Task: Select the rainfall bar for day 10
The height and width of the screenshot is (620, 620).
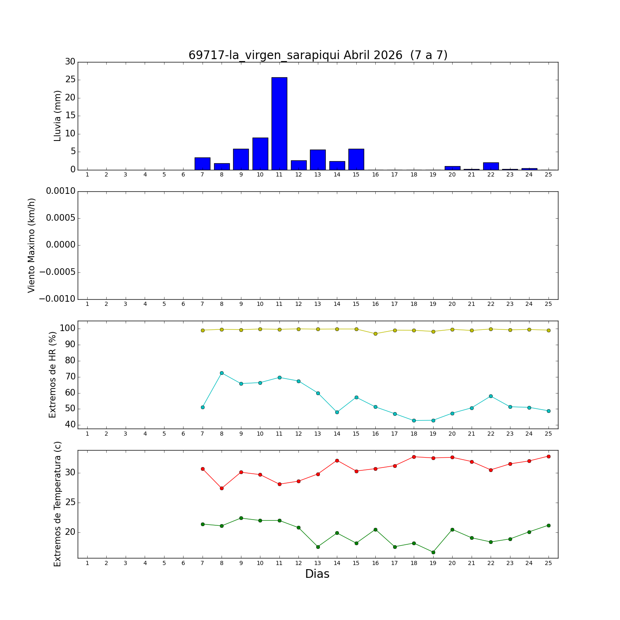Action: (260, 154)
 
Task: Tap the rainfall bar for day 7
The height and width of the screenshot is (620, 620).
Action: (203, 164)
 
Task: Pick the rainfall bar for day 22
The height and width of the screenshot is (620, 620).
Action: (491, 166)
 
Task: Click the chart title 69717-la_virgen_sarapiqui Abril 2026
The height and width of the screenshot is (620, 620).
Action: (318, 55)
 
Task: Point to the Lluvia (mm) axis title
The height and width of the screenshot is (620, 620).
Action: (57, 116)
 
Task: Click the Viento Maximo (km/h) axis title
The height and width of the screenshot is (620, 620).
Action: (32, 246)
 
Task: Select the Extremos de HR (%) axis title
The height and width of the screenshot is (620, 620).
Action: (52, 374)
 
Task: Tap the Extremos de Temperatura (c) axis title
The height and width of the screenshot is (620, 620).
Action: (57, 504)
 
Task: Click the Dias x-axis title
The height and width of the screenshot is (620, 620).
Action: (317, 574)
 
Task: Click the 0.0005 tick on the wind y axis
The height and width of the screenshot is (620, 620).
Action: (61, 218)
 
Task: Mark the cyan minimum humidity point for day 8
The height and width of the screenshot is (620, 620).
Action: (222, 373)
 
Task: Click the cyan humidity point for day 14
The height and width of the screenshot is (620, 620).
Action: (337, 412)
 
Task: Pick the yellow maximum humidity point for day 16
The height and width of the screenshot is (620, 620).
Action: (375, 334)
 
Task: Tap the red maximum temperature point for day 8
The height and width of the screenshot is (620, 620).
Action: (222, 488)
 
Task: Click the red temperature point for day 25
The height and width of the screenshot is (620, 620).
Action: (548, 456)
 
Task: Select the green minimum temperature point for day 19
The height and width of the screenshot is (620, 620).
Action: (433, 552)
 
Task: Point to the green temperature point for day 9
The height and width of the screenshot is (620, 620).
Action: (241, 518)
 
